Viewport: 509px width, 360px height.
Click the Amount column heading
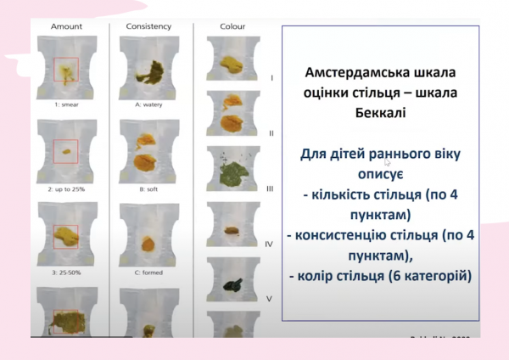66,27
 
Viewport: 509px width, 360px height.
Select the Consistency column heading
148,27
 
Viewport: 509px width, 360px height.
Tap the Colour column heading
232,27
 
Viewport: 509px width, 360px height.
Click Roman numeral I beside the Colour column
271,77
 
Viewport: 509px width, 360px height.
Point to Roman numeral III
271,188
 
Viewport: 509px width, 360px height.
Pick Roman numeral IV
270,245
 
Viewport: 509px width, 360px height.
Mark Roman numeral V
270,299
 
